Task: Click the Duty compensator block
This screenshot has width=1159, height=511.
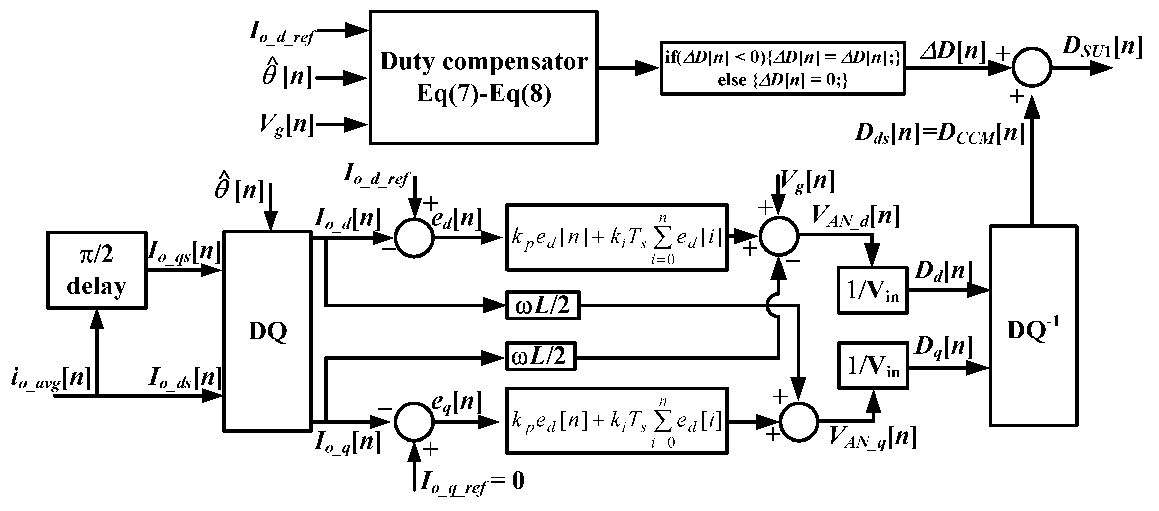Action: click(483, 78)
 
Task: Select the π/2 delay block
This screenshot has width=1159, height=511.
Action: click(97, 270)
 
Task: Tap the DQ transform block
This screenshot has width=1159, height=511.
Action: click(268, 331)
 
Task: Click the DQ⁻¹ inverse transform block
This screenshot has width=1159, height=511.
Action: click(1033, 326)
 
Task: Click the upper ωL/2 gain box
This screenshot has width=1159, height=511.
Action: click(543, 306)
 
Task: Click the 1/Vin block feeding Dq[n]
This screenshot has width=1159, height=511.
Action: click(873, 366)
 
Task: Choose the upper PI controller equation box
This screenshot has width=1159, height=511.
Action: click(616, 237)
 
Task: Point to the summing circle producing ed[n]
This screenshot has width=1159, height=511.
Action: click(414, 238)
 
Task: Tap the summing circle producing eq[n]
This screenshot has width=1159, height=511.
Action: click(414, 421)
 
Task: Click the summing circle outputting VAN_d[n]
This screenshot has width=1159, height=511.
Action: click(779, 235)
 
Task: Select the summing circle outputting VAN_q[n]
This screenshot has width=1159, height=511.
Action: click(799, 421)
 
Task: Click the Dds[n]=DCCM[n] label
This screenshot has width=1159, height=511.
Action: click(940, 134)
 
